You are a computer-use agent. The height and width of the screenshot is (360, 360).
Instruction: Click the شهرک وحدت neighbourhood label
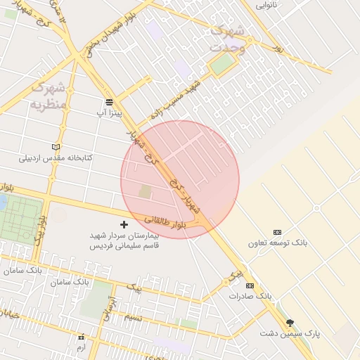228,39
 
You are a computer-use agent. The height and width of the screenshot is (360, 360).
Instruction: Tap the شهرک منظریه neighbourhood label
48,96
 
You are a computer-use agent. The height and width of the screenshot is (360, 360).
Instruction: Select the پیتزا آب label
110,112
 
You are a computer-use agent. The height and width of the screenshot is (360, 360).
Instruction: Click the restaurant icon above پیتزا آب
110,101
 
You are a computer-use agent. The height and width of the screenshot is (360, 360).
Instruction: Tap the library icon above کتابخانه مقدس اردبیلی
56,147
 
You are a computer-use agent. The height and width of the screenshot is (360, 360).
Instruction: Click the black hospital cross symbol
124,224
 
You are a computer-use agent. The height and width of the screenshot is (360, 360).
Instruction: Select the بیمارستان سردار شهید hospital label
124,240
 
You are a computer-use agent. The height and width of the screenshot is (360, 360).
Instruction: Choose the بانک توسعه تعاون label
277,243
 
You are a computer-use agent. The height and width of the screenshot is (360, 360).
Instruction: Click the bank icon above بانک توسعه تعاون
277,232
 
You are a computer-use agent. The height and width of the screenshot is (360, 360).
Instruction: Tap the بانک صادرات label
250,296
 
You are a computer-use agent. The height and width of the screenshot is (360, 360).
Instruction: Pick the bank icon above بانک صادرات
250,285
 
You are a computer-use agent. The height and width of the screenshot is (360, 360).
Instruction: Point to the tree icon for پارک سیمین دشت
289,322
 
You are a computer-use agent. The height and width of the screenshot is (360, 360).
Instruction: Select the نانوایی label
266,5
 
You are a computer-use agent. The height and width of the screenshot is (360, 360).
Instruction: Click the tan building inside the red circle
145,191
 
